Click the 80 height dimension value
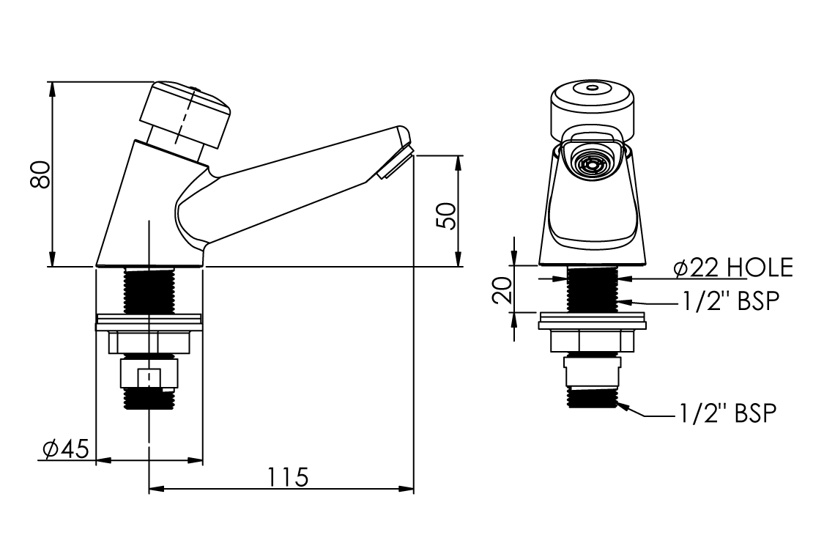[40, 174]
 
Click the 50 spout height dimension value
[447, 216]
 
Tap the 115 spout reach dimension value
[288, 478]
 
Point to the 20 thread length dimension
[502, 290]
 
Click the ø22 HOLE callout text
[734, 268]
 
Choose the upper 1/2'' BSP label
[731, 302]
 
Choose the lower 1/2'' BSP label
[727, 413]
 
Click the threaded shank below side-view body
[149, 290]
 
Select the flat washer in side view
[149, 323]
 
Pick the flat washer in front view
[593, 322]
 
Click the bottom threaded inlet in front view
[593, 398]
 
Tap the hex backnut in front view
[593, 342]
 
